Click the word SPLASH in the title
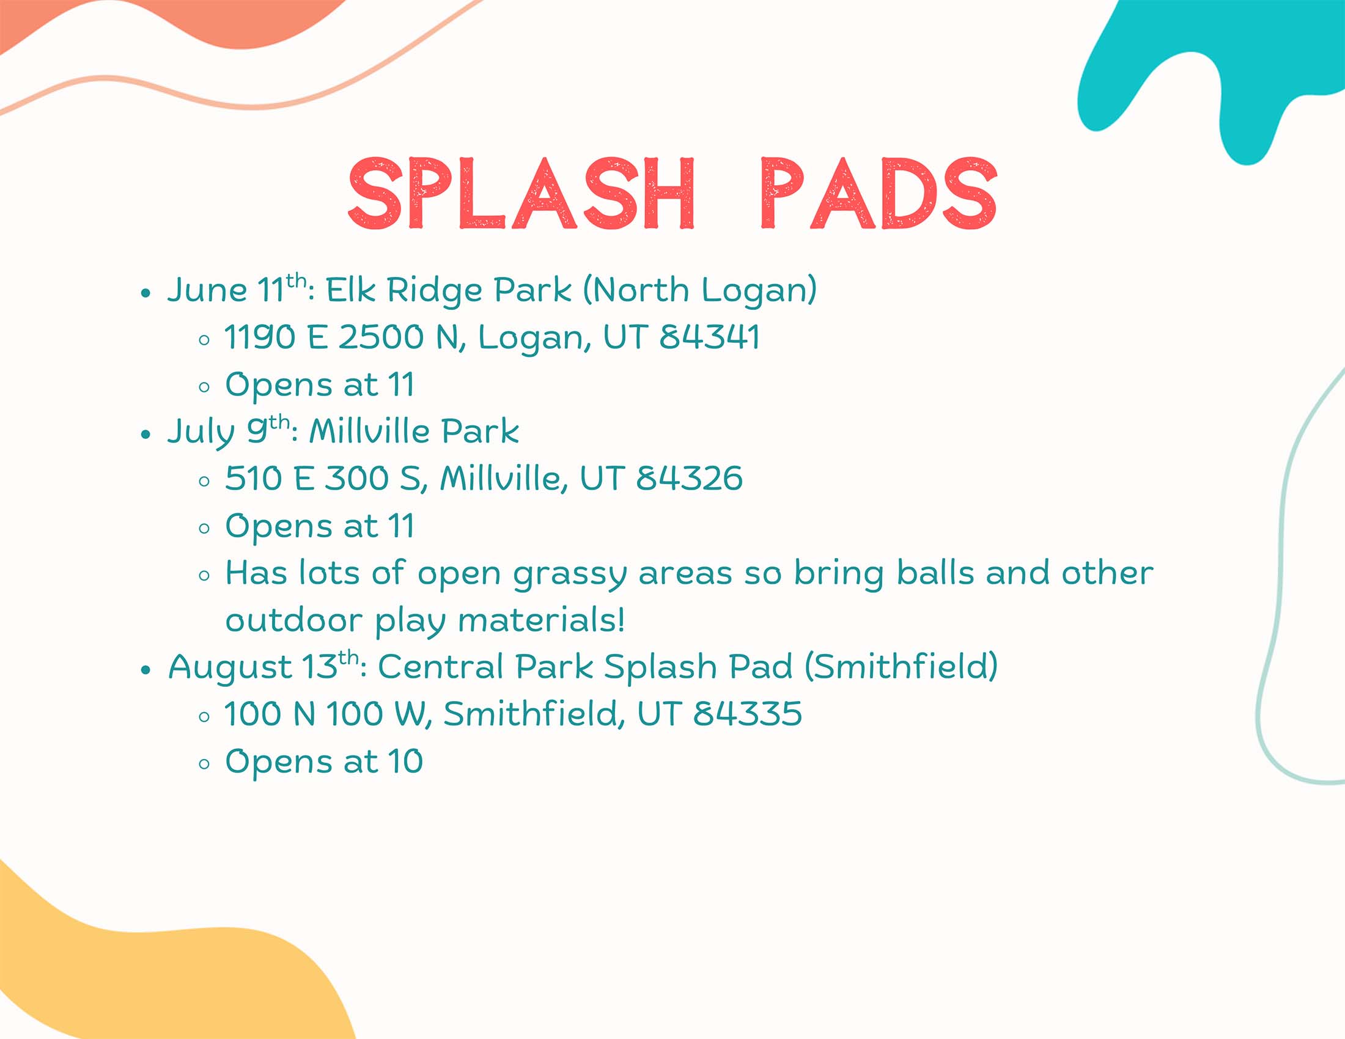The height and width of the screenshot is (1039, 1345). (521, 193)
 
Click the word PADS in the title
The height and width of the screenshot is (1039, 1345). (878, 193)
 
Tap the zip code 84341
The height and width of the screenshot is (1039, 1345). (709, 337)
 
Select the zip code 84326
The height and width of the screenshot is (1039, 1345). (689, 479)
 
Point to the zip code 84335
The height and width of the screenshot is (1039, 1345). (747, 714)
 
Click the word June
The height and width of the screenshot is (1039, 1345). (207, 290)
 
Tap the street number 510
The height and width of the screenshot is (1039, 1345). (253, 479)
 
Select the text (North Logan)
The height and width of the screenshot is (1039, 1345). (699, 290)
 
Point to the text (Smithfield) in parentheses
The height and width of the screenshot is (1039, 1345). (901, 667)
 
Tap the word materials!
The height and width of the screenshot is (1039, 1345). (541, 620)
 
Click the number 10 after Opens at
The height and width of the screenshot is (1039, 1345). (405, 762)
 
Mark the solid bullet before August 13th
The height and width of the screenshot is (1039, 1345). (146, 670)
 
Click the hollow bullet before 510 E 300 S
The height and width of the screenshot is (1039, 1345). (204, 482)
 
